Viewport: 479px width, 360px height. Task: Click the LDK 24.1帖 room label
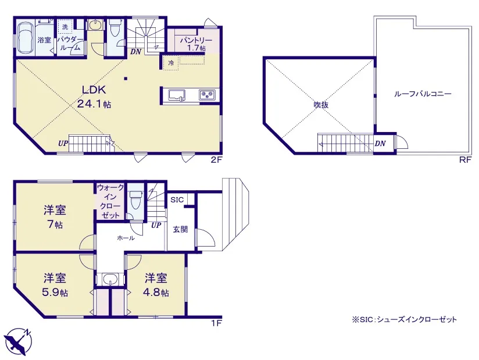(94, 97)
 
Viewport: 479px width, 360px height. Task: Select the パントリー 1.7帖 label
(196, 44)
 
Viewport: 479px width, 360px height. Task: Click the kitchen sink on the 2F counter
(176, 95)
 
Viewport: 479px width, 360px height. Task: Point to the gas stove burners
(207, 95)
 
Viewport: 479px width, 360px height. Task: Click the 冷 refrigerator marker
(171, 63)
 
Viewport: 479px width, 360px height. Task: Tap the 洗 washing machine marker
(65, 27)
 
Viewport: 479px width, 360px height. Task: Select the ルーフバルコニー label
(423, 94)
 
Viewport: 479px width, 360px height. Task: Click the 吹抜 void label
(321, 105)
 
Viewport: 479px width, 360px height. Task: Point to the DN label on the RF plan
(380, 143)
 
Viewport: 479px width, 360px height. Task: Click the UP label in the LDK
(63, 143)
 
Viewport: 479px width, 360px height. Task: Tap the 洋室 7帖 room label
(55, 218)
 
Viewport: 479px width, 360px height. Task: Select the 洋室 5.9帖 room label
(55, 286)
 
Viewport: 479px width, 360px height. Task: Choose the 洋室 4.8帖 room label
(156, 286)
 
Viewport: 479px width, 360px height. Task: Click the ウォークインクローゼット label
(110, 201)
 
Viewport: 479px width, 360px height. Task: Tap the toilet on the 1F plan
(135, 200)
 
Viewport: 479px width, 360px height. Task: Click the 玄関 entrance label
(180, 229)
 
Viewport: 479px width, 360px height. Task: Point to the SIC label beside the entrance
(177, 200)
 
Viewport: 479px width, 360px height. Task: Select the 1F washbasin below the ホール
(110, 279)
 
